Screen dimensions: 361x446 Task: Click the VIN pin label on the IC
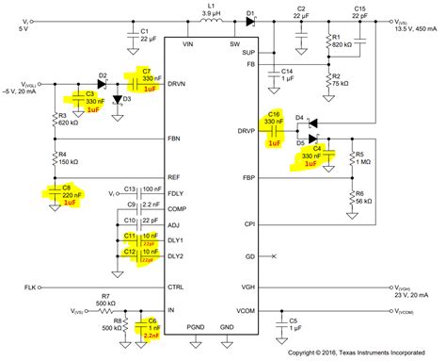[187, 43]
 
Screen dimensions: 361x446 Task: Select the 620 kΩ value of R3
[66, 122]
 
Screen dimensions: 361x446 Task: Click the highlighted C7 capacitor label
[145, 72]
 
